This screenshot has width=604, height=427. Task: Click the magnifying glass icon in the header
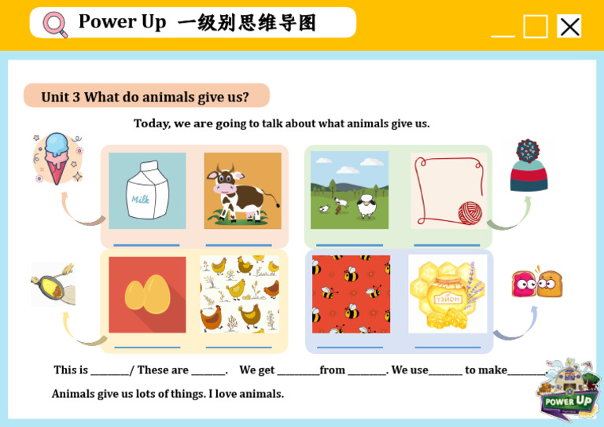(55, 24)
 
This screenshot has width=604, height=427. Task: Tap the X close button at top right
(569, 26)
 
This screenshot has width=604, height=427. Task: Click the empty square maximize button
(536, 27)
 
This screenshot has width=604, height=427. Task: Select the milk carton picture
(147, 190)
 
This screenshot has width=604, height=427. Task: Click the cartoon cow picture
(242, 190)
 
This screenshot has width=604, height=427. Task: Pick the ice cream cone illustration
(57, 158)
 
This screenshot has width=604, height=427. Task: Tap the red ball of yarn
(470, 212)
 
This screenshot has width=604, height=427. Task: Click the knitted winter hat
(528, 166)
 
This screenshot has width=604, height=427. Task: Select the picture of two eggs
(147, 294)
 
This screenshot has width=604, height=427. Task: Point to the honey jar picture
(447, 294)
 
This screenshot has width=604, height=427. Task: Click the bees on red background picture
(351, 294)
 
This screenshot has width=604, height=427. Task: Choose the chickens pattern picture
(239, 294)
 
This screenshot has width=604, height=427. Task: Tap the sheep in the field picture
(349, 190)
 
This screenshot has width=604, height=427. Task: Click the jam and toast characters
(537, 283)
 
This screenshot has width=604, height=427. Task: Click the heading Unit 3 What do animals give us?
(145, 97)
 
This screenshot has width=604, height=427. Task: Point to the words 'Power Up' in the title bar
(122, 22)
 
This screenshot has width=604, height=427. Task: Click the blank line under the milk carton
(147, 245)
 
